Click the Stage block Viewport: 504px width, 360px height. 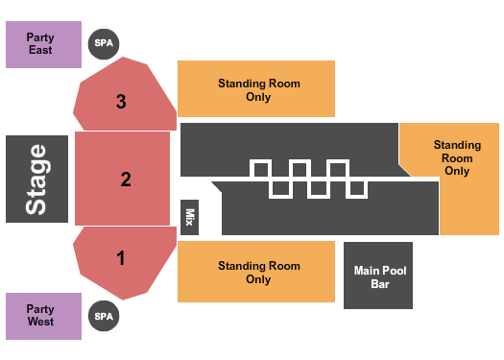pos(36,179)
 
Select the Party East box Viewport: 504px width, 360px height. pos(43,43)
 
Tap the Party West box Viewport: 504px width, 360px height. pos(43,316)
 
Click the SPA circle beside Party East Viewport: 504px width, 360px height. pos(103,43)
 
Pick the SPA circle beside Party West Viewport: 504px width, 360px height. pos(103,315)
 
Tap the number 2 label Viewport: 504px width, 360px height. pos(125,179)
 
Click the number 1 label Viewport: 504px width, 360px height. pos(121,257)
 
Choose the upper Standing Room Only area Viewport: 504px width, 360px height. pos(256,89)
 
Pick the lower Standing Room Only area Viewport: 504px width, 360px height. pos(257,272)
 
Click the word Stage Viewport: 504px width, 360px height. pos(36,179)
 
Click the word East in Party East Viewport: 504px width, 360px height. pos(40,50)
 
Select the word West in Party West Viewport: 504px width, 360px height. pos(40,322)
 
